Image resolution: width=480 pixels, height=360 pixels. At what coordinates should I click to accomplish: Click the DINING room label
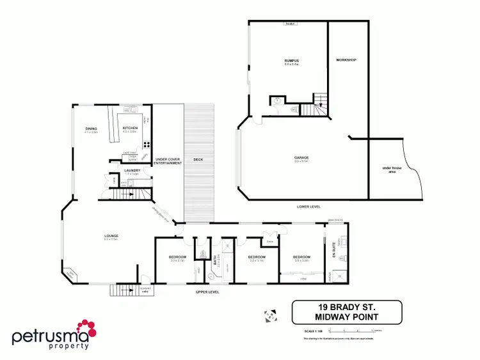pos(91,129)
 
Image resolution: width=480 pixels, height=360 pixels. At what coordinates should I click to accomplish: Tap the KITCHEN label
pos(130,129)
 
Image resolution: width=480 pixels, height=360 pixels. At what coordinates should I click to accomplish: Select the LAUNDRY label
pos(132,171)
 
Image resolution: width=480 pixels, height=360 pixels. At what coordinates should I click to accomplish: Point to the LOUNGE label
pos(111,237)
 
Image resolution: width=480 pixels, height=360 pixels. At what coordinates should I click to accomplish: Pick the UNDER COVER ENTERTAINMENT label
pos(168,161)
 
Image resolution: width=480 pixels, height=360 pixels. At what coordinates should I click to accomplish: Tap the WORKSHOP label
pos(346,60)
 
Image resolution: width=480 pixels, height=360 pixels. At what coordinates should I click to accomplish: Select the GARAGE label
pos(302,157)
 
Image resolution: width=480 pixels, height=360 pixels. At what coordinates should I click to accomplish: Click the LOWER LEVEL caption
pos(308,207)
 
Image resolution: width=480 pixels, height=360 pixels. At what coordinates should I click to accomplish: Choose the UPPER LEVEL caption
pos(208,292)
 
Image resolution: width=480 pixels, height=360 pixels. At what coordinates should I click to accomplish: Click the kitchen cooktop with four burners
pos(147,144)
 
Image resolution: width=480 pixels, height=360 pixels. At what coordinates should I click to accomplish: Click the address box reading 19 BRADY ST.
pos(347,312)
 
